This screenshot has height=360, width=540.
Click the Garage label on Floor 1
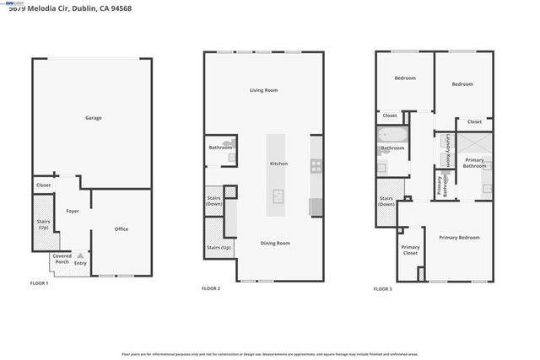[93, 118]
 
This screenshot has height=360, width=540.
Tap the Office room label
[121, 229]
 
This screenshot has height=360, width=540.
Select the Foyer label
[73, 211]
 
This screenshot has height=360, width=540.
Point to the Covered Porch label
[62, 258]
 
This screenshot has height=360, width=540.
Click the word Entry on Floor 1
[80, 263]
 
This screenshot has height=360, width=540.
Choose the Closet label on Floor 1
[43, 185]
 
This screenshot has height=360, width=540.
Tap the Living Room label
[263, 90]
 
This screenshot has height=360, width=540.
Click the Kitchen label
[278, 163]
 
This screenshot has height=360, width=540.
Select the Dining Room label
[275, 243]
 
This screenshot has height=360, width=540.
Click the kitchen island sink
[277, 195]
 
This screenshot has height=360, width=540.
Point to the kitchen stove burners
[316, 164]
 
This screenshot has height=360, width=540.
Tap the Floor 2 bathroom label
[220, 148]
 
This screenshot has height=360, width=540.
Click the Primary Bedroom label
[459, 238]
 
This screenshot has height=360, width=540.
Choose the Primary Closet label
[410, 250]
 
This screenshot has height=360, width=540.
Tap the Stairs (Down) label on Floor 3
[386, 201]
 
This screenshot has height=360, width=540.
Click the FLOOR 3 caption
[382, 289]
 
